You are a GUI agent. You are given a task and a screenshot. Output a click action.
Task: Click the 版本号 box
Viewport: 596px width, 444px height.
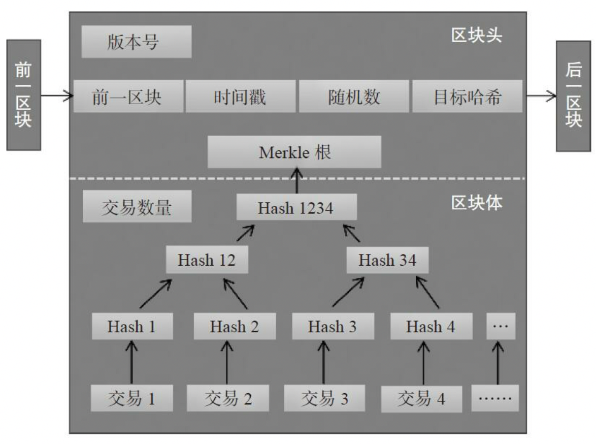136,42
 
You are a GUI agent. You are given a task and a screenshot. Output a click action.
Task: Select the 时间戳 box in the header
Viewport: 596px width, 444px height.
240,96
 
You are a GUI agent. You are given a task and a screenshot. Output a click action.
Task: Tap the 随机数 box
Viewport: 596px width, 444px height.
353,96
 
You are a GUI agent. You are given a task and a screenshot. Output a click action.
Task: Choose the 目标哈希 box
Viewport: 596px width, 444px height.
467,96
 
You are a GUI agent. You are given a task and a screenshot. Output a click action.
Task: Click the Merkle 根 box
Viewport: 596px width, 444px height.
294,152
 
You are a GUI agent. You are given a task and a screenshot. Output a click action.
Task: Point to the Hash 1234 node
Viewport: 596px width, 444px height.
296,207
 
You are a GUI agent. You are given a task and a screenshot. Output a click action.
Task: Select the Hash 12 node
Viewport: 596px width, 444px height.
206,261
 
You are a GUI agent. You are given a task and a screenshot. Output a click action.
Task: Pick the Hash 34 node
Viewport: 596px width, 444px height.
387,261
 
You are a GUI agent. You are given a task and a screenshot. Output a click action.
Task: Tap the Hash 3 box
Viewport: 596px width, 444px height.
333,326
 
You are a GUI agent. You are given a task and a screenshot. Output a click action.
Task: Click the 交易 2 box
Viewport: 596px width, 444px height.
228,398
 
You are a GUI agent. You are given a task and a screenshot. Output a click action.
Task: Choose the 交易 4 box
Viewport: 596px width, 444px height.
421,398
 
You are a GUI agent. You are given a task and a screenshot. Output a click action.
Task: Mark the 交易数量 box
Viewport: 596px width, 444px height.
137,207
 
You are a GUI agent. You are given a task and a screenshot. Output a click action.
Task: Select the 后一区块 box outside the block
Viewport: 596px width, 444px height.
573,96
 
